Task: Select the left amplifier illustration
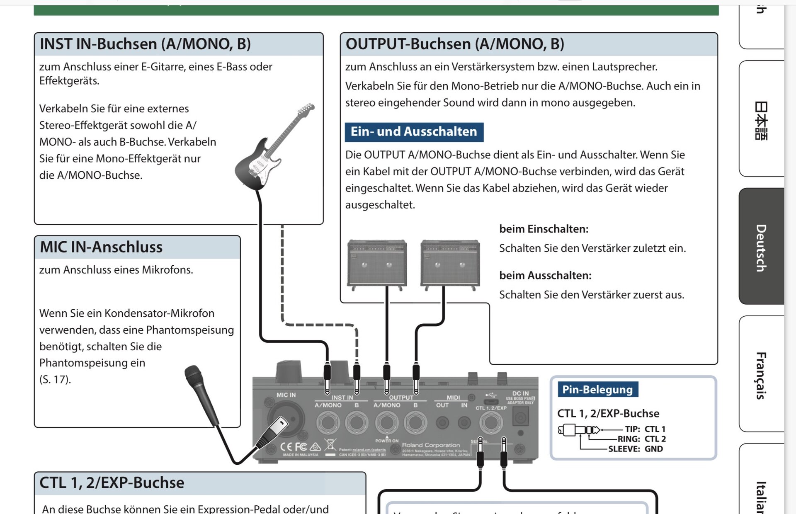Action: click(x=377, y=263)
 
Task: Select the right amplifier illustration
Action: click(x=450, y=263)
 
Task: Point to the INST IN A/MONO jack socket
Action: click(x=328, y=423)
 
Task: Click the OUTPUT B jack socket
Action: click(x=415, y=423)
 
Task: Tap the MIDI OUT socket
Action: click(x=442, y=423)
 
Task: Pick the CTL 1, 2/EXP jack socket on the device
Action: click(x=491, y=423)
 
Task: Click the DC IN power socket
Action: click(x=520, y=417)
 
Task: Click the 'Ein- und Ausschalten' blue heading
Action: click(x=414, y=132)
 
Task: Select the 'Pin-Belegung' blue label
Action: click(x=597, y=390)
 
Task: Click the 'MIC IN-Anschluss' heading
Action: click(x=101, y=247)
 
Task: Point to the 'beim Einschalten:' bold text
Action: click(x=544, y=229)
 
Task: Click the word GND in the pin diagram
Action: click(x=653, y=449)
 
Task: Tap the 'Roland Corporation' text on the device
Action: click(x=431, y=445)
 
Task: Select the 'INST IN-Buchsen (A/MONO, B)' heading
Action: click(x=145, y=44)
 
